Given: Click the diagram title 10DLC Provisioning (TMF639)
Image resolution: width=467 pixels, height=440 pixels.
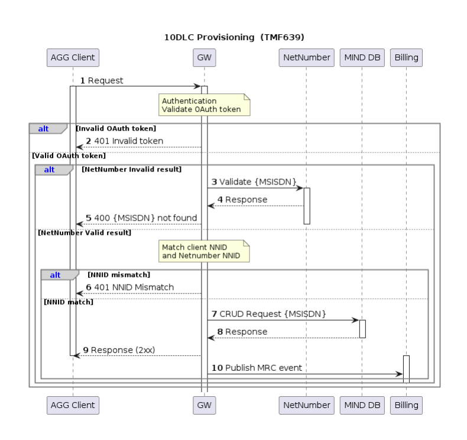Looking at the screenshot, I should point(234,37).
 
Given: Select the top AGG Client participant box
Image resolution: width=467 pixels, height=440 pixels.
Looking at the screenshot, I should point(73,57).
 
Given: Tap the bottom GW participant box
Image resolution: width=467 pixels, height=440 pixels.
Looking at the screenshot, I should point(204,405).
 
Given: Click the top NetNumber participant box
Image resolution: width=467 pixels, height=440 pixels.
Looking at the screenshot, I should point(306,57).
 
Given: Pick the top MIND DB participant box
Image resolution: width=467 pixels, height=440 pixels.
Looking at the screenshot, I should point(362,57).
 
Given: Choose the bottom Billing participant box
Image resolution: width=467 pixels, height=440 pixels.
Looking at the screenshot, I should point(406,405).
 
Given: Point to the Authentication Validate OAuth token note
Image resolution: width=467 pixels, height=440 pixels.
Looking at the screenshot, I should point(205,105).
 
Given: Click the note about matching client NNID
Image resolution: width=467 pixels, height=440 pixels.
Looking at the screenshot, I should point(205,251).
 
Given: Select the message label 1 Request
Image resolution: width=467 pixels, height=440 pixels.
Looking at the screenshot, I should point(102,81).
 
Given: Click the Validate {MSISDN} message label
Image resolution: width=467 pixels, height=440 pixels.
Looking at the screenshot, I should point(255,182).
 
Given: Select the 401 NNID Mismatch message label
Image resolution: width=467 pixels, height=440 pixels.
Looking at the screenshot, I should point(130,287).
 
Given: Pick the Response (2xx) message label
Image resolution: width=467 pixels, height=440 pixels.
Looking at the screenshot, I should point(119,350).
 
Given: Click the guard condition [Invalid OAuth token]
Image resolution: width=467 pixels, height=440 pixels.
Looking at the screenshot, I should point(116,128).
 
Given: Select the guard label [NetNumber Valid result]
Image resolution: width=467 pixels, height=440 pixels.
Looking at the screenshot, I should point(85,233).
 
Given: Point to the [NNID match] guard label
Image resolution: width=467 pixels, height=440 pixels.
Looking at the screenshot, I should point(69,302).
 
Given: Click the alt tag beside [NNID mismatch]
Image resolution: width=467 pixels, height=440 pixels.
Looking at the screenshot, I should point(56,275).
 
